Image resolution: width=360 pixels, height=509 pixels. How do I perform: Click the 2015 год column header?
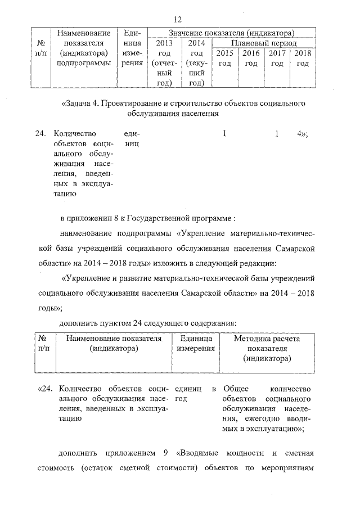[x=224, y=58]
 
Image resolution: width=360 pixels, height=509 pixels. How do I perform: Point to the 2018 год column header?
[x=303, y=58]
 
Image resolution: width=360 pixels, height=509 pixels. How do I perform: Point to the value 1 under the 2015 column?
[x=224, y=134]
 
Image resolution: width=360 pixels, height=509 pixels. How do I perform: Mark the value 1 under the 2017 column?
[x=277, y=134]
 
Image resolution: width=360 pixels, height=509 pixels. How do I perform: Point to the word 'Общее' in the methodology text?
[x=236, y=389]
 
